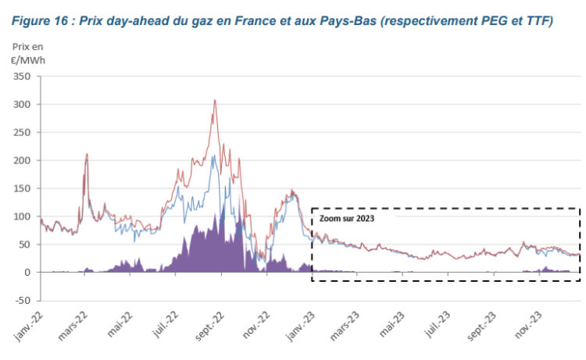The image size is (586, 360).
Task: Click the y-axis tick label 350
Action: tap(20, 77)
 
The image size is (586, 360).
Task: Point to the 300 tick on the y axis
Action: tap(20, 105)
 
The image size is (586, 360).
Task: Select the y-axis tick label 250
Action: tap(20, 133)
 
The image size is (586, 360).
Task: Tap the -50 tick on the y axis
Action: tap(21, 300)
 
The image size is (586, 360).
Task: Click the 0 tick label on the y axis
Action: tap(27, 273)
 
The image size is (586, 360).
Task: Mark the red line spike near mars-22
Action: tap(86, 155)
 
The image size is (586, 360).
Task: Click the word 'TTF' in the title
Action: tap(534, 21)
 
